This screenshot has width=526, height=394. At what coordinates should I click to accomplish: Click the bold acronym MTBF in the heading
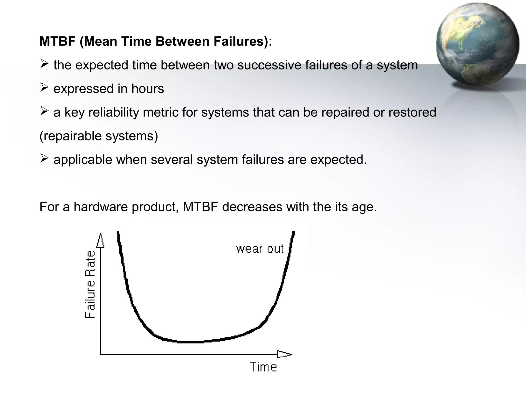coord(57,41)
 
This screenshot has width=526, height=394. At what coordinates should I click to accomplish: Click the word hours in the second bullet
coord(147,89)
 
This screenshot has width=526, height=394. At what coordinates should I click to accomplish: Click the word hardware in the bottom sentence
coord(101,207)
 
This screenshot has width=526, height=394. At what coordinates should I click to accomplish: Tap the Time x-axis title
coord(264,367)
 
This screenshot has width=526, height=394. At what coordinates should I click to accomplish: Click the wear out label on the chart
coord(260,249)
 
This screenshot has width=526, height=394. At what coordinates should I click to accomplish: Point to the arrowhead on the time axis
coord(284,354)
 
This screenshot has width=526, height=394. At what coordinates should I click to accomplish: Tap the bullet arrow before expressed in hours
coord(44,88)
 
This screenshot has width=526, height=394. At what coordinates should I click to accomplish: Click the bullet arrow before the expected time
coord(44,64)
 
